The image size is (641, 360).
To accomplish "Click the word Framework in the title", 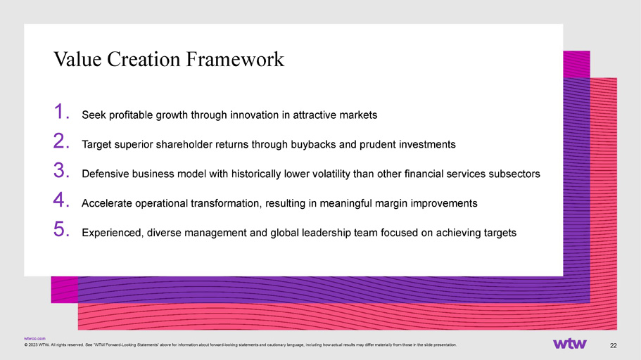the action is click(x=235, y=59).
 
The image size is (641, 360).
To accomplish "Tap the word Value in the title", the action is click(x=77, y=59).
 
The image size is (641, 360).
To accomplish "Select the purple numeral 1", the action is click(x=61, y=112).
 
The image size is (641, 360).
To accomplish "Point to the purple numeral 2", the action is click(x=61, y=141).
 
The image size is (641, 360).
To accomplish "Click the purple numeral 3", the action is click(x=61, y=170).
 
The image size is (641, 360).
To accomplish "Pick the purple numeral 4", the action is click(x=61, y=200).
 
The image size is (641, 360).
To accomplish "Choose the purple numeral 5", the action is click(x=61, y=229).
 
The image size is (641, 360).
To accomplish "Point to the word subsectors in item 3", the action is click(x=514, y=174).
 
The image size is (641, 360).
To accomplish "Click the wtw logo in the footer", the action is click(x=570, y=344).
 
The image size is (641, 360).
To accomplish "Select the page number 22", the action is click(x=613, y=346).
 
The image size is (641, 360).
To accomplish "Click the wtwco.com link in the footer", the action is click(x=34, y=339).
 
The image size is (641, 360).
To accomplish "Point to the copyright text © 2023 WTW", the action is click(x=37, y=345).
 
